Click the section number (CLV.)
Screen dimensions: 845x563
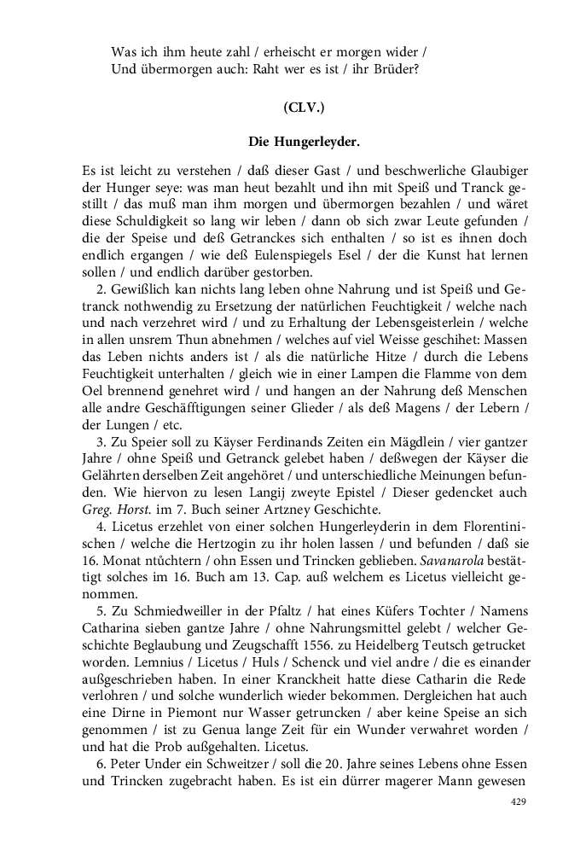pyautogui.click(x=304, y=108)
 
